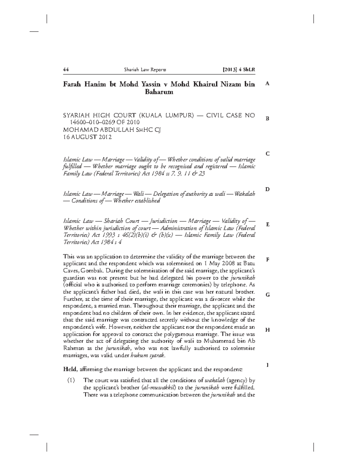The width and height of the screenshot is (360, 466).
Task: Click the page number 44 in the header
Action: point(66,70)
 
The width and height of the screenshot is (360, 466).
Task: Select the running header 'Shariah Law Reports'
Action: point(145,70)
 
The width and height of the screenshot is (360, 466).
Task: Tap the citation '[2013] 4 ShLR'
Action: point(238,70)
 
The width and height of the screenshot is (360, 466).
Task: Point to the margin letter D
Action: point(267,189)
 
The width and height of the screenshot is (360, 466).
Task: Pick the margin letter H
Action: point(267,330)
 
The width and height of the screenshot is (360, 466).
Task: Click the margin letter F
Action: point(267,260)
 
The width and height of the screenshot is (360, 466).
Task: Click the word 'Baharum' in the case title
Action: point(159,92)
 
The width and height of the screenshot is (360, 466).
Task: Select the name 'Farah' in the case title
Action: point(72,84)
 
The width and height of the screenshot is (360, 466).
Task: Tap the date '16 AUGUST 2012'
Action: point(87,137)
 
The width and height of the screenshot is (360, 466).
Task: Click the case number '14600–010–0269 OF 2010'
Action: point(105,122)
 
